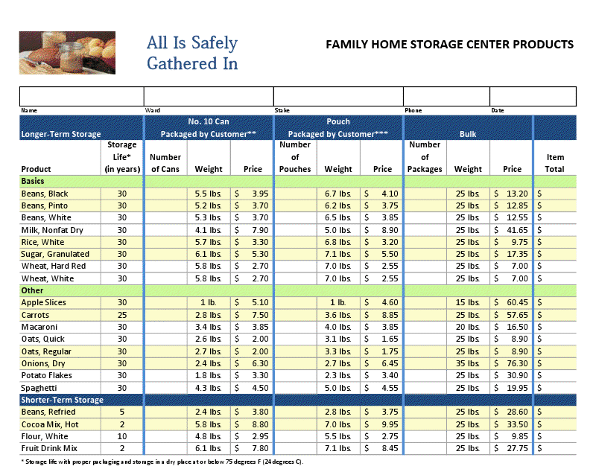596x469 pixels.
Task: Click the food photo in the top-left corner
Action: tap(67, 53)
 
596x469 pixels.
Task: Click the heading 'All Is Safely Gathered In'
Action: tap(192, 53)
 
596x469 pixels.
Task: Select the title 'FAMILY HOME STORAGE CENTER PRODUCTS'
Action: tap(450, 44)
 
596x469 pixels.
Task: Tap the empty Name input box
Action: tap(81, 97)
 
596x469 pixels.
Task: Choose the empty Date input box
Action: tap(533, 97)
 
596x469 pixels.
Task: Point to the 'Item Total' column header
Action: tap(555, 163)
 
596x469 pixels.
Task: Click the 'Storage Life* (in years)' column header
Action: tap(122, 157)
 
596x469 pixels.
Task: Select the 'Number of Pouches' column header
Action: tap(295, 157)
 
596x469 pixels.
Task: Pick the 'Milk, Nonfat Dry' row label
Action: tap(52, 230)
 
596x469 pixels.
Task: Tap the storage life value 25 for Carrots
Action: tap(122, 315)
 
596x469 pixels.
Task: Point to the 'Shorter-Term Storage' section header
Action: tap(63, 401)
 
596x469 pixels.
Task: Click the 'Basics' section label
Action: tap(33, 181)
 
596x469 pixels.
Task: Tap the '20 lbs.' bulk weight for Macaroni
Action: tap(468, 327)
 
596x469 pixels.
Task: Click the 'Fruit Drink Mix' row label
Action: tap(50, 448)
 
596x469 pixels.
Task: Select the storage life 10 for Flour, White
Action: tap(122, 436)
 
